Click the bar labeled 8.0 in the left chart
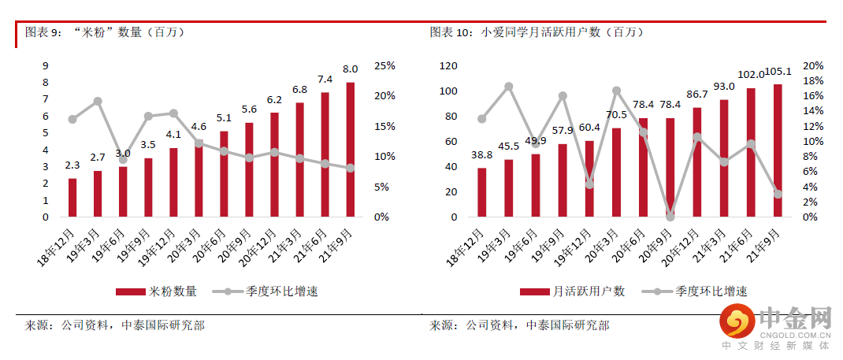[x=350, y=150]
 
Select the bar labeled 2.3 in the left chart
[x=72, y=197]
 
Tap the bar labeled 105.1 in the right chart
[x=778, y=150]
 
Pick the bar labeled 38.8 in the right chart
[x=482, y=192]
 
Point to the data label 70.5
[x=616, y=114]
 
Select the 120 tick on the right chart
[x=448, y=66]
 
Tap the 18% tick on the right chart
[x=812, y=81]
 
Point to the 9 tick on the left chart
[x=46, y=65]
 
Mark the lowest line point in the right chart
[x=670, y=216]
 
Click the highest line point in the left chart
[x=98, y=102]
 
